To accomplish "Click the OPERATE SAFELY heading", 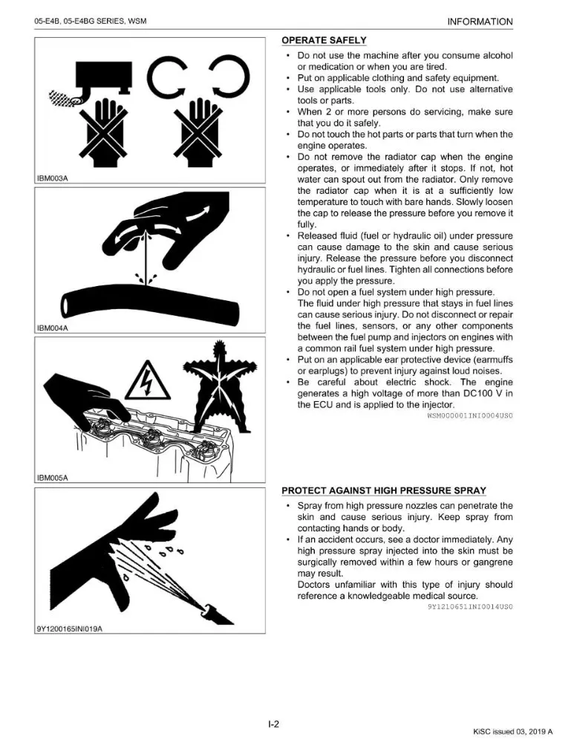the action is [324, 40].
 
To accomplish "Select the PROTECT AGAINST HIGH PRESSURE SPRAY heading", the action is [384, 490].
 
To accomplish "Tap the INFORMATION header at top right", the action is [480, 22].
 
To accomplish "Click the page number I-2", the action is [274, 724].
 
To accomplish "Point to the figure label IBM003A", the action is [53, 178].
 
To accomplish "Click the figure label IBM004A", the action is [53, 328].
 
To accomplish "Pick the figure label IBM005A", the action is [53, 478].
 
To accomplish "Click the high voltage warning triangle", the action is [148, 380].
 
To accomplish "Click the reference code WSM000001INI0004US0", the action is [470, 415].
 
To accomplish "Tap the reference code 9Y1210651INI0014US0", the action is [470, 606].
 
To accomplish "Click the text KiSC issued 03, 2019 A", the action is [513, 732].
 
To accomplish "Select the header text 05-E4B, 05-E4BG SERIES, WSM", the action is [91, 22].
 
